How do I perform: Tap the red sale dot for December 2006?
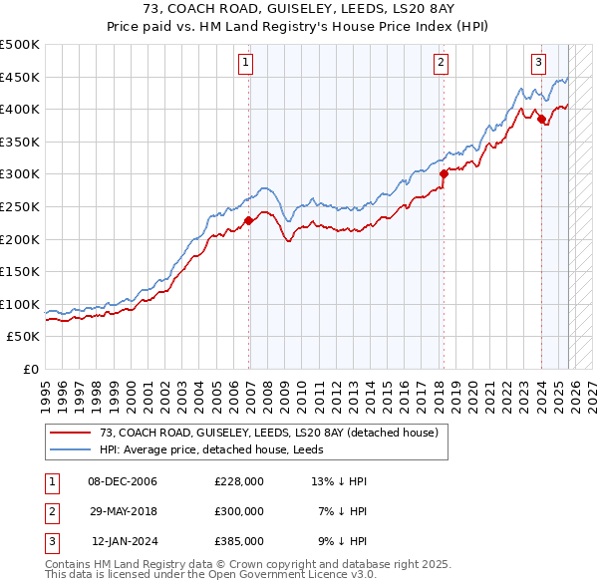248,221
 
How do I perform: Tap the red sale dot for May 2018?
443,174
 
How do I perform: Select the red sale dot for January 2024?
541,120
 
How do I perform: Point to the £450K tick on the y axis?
20,77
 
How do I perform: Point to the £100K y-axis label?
20,304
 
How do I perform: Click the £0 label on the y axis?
30,369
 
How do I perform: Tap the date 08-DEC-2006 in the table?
123,481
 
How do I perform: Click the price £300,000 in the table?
239,511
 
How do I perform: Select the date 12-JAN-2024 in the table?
125,541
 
